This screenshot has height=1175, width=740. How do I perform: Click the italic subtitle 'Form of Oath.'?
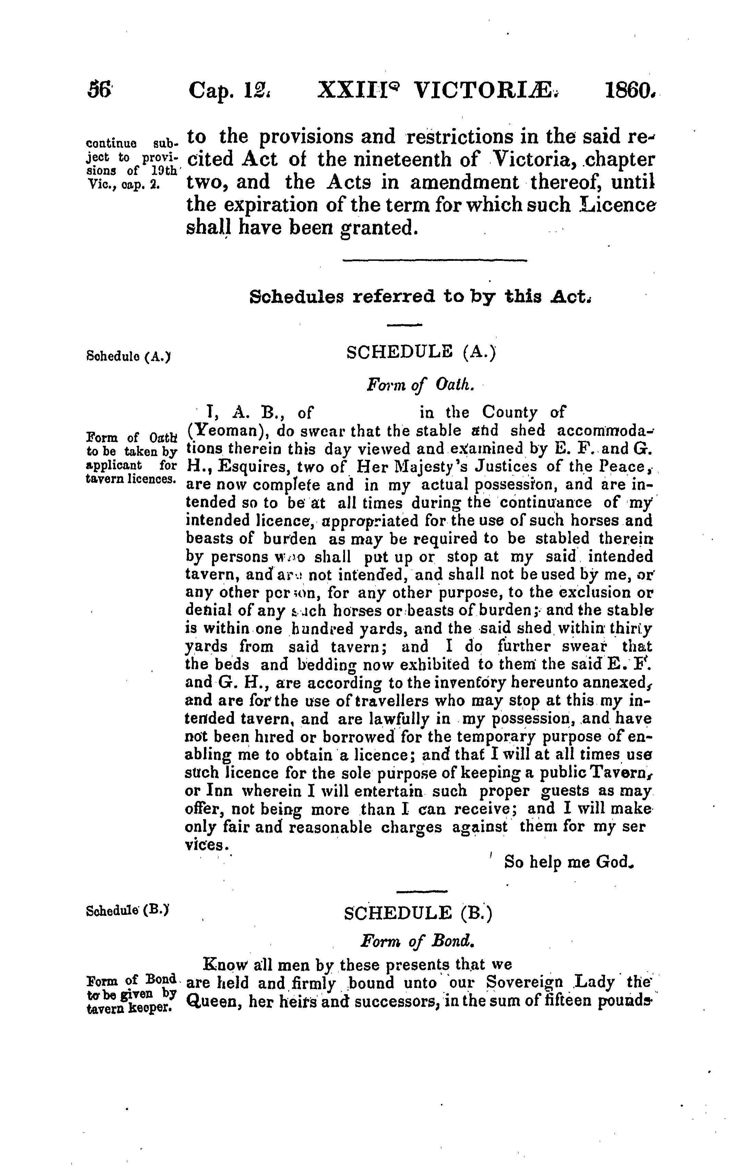[x=420, y=385]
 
